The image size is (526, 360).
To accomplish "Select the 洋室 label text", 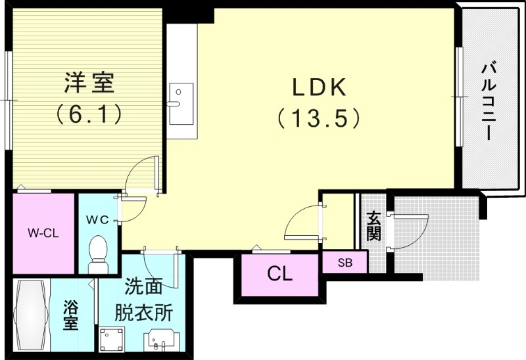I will tap(89, 83).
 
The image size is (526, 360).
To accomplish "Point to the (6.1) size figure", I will tap(89, 115).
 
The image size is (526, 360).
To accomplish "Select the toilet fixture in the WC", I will tap(99, 253).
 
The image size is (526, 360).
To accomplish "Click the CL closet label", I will tap(279, 274).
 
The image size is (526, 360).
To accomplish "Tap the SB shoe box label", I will tap(345, 262).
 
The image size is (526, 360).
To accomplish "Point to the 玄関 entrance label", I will tap(373, 225).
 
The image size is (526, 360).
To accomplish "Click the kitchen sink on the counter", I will tap(181, 102).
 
